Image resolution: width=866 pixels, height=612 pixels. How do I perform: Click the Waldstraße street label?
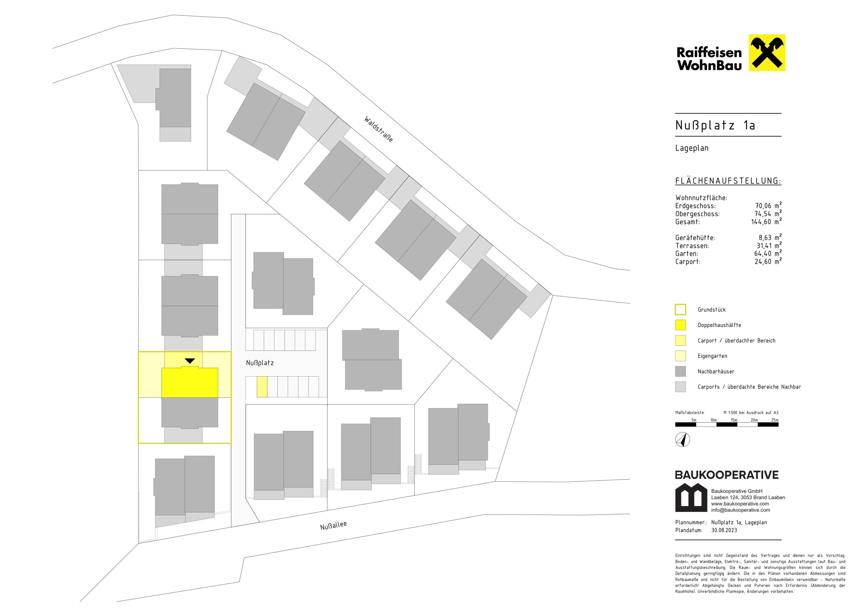[x=378, y=129]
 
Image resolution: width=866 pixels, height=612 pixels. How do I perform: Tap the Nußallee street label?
[x=333, y=525]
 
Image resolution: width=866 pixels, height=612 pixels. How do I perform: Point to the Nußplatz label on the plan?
[x=260, y=363]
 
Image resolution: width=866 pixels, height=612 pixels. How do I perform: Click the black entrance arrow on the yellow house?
[x=190, y=361]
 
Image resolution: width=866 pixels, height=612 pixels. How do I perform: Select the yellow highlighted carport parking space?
[x=262, y=386]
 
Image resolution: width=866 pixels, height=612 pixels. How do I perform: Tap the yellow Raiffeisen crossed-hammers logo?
[x=767, y=53]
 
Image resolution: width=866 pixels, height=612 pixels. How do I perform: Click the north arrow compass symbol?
[x=683, y=440]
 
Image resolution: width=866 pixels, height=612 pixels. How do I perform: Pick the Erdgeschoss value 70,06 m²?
[x=768, y=205]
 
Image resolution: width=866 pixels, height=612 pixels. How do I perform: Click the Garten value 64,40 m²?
[x=768, y=253]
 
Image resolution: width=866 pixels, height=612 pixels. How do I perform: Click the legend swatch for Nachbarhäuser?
[x=680, y=371]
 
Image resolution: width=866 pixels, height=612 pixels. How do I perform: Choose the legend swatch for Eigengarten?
[x=680, y=356]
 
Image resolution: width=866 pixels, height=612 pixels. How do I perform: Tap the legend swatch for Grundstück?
[x=680, y=310]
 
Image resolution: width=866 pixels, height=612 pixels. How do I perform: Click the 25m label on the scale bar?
[x=775, y=420]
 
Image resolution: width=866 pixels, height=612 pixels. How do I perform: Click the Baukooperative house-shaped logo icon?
[x=691, y=497]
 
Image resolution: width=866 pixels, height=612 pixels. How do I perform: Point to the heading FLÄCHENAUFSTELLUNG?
[x=728, y=181]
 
